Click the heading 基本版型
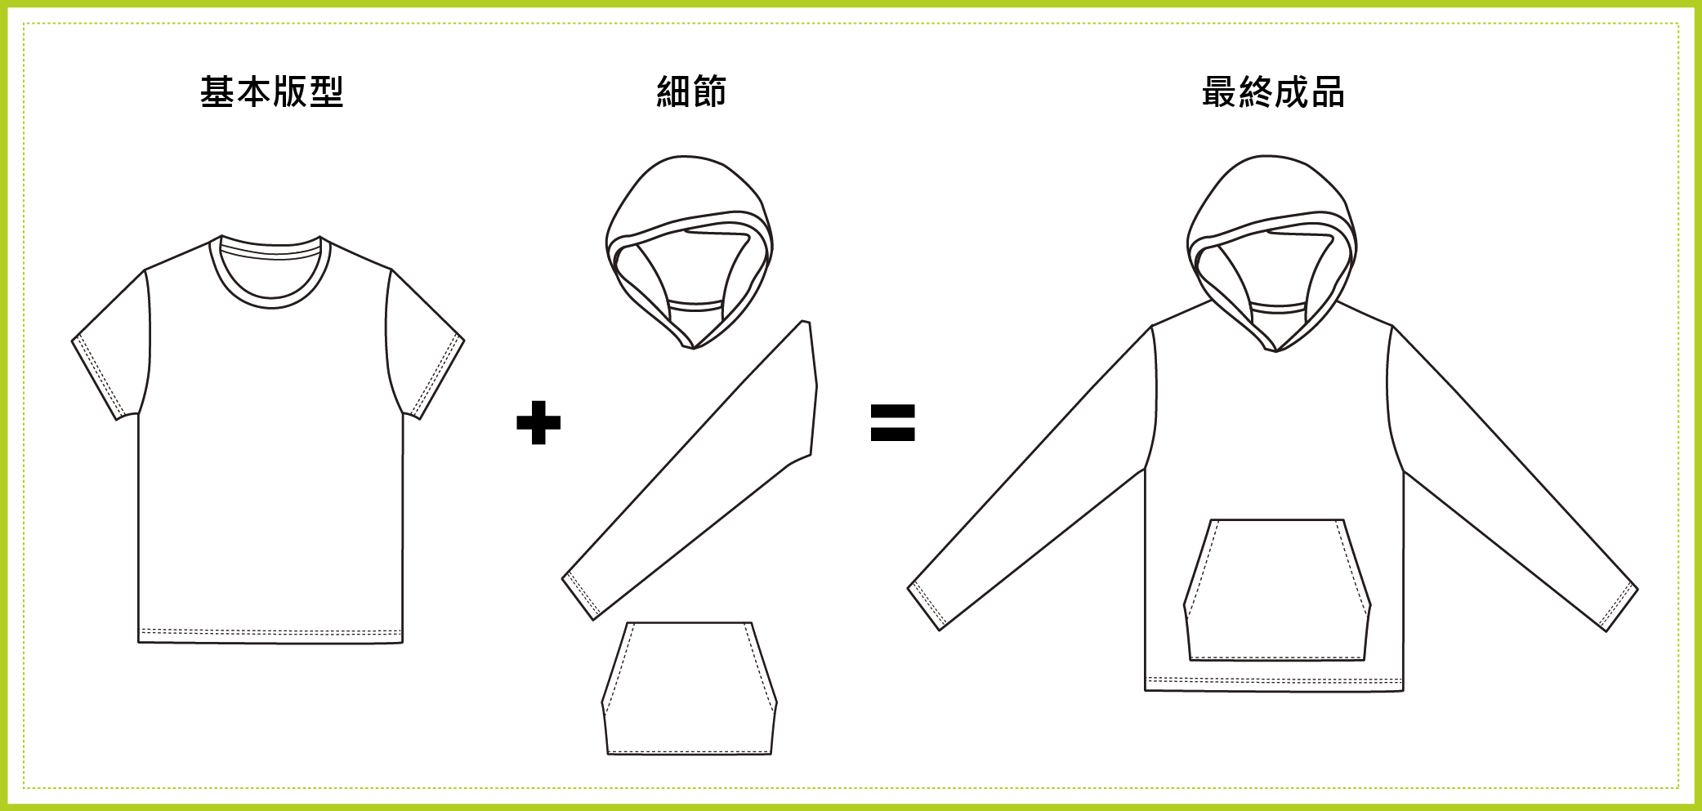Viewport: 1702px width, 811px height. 271,91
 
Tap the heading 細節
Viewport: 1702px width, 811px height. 691,91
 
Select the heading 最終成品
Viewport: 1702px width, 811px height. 1273,91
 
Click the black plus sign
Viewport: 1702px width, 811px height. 538,422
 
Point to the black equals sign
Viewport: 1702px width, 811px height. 892,422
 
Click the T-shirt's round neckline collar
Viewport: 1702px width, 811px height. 271,303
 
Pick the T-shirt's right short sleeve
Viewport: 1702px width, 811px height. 425,343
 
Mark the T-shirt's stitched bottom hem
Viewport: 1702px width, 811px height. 270,635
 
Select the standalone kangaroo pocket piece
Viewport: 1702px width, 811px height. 690,688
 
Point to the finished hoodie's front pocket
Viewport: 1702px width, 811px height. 1277,590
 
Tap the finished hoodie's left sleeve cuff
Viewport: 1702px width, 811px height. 927,605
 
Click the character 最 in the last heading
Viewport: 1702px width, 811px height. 1219,91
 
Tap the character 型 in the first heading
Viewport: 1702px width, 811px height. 326,91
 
